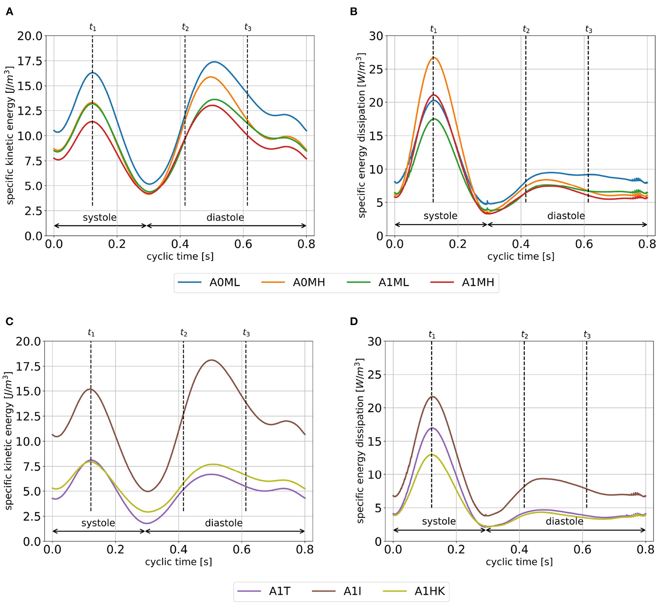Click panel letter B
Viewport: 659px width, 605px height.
click(354, 12)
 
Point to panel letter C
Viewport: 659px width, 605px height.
click(9, 321)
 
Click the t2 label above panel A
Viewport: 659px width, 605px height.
click(185, 27)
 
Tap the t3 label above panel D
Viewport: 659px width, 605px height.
click(587, 335)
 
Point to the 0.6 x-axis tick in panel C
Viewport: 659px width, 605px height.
click(241, 550)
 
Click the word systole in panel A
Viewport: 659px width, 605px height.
click(100, 217)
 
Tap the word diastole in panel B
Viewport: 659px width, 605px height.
click(566, 216)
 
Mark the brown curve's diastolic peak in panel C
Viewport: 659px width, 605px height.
click(211, 360)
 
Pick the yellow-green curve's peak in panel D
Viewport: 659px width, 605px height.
click(431, 454)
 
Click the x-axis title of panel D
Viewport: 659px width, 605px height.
click(519, 562)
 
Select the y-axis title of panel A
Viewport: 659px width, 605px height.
click(10, 136)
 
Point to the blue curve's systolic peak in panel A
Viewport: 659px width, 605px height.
click(93, 73)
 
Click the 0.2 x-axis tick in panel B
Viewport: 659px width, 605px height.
click(457, 244)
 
